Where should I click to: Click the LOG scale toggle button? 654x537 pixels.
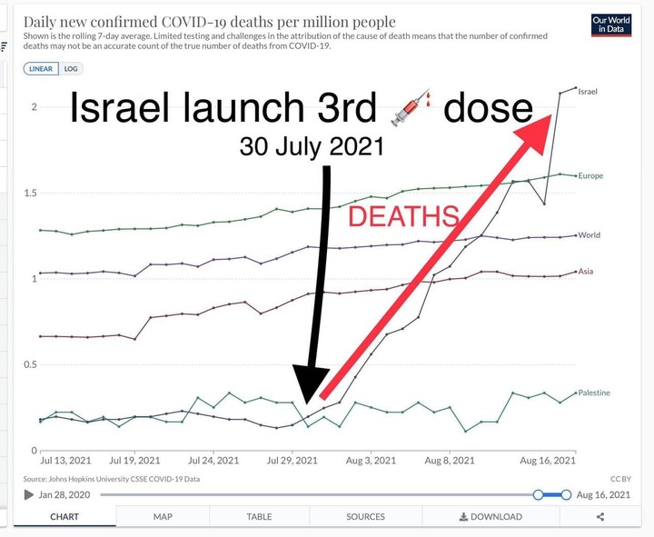[x=71, y=69]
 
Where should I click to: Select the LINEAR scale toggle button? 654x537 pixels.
[x=41, y=69]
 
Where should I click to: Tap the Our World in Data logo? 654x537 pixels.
[x=611, y=25]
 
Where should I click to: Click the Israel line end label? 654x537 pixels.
[x=588, y=92]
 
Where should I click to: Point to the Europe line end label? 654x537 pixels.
[x=590, y=175]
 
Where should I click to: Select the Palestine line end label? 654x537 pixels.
[x=594, y=393]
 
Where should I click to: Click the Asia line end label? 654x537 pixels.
[x=586, y=271]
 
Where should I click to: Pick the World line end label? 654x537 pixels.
[x=589, y=235]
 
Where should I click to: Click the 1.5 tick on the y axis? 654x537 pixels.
[x=30, y=193]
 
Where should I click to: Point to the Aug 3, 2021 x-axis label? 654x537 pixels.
[x=371, y=461]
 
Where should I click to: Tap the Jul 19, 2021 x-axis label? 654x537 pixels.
[x=134, y=461]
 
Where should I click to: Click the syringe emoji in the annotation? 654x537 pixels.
[x=411, y=107]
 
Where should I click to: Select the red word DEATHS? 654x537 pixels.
[x=403, y=216]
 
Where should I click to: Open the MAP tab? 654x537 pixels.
[x=163, y=516]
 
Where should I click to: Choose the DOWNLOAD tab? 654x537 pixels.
[x=490, y=516]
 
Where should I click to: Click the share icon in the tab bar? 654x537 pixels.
[x=600, y=517]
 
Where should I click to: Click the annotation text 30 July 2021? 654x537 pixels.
[x=312, y=146]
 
